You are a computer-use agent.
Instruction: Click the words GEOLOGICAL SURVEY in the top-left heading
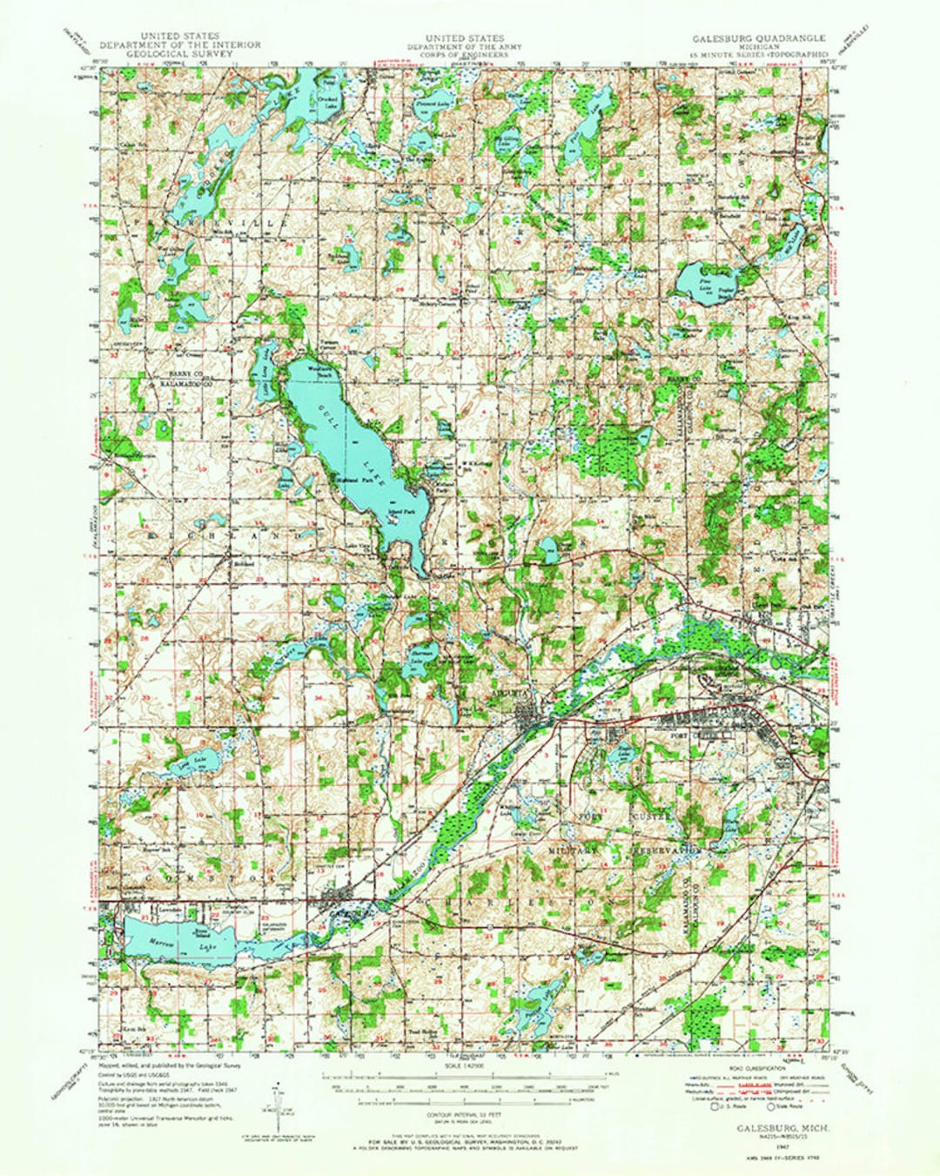[167, 54]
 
